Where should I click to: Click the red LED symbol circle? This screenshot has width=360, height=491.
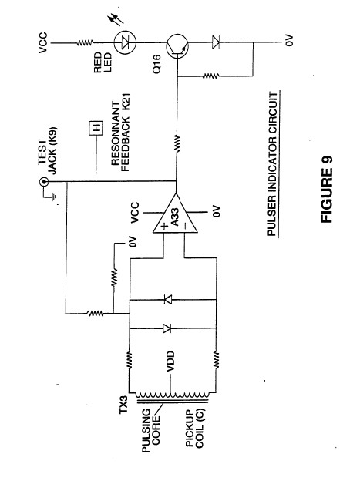(x=125, y=42)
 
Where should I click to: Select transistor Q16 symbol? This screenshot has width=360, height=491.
(x=177, y=46)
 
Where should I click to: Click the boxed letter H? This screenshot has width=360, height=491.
(x=96, y=128)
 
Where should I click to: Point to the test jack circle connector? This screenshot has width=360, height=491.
(x=43, y=182)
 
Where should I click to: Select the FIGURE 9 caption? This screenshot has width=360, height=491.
(x=327, y=190)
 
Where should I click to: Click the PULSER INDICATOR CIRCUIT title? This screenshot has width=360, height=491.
(x=272, y=163)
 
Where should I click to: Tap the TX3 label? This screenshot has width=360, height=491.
(x=123, y=405)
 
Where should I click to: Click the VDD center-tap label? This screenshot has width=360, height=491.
(x=170, y=361)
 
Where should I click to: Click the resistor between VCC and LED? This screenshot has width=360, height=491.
(x=85, y=42)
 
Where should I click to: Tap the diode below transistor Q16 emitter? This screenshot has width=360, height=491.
(x=216, y=42)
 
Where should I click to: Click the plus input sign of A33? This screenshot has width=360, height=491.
(x=165, y=226)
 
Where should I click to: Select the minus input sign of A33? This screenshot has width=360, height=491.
(x=185, y=225)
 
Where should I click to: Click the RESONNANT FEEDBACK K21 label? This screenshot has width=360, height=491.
(x=120, y=133)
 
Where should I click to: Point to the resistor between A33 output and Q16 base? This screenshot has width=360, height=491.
(x=177, y=143)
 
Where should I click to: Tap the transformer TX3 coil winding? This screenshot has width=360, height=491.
(x=173, y=395)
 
